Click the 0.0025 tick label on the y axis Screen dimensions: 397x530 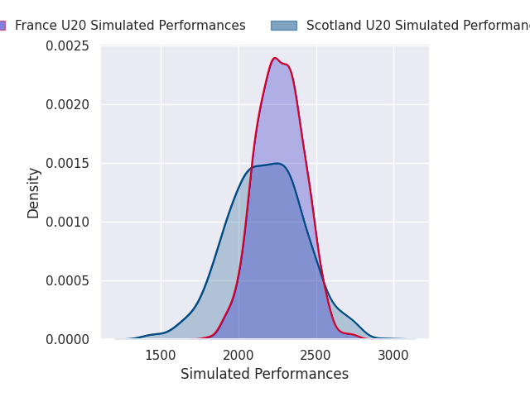68,46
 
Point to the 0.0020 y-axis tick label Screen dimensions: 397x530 68,105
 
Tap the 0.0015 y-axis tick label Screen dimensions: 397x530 68,164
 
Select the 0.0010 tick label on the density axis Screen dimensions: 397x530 68,222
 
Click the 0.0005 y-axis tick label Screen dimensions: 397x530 68,281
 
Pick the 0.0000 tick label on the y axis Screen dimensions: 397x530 68,340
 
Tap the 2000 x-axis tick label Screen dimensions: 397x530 238,356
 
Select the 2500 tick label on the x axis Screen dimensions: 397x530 316,356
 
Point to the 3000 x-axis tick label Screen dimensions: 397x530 393,356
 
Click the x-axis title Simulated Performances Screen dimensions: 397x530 264,375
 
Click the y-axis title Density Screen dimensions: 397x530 34,193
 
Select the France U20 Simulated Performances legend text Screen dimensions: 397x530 130,26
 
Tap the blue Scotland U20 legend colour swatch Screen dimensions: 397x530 283,26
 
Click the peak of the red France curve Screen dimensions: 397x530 275,58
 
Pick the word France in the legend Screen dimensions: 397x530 35,26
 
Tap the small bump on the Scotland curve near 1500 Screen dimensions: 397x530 153,334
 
